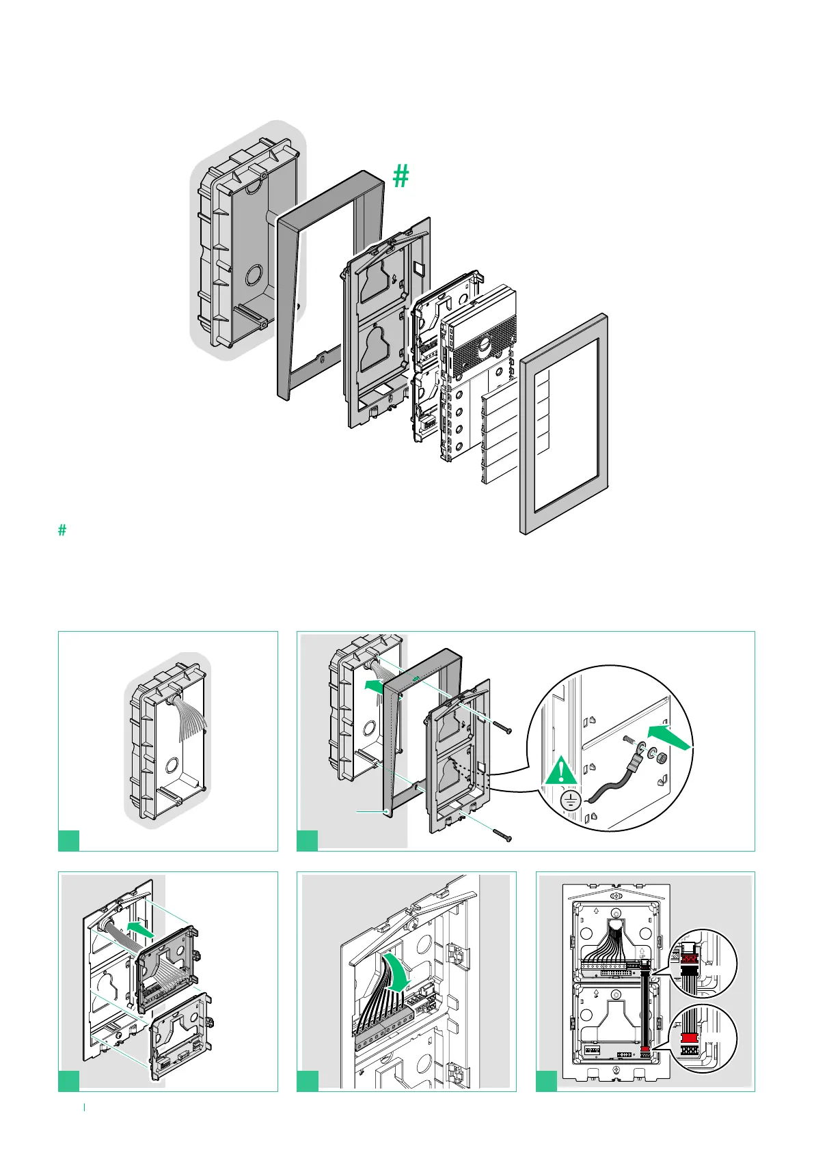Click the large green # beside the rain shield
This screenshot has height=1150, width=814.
[x=401, y=176]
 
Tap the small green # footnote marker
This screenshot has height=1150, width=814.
[x=62, y=530]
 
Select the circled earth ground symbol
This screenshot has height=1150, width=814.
[x=571, y=800]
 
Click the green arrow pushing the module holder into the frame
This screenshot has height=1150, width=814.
[x=145, y=929]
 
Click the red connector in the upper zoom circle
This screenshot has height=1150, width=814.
[x=688, y=959]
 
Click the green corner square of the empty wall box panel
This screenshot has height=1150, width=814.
[x=68, y=840]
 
